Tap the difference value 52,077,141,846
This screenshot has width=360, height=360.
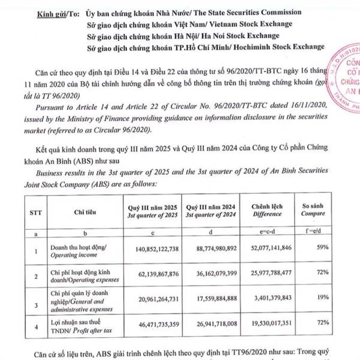[271, 248]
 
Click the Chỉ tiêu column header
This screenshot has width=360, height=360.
[84, 212]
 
